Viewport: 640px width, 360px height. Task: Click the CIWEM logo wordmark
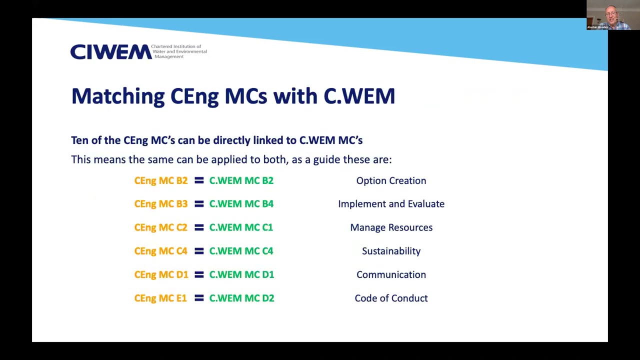110,51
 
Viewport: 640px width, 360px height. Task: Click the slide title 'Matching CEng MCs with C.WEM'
233,96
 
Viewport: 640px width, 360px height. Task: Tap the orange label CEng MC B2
160,180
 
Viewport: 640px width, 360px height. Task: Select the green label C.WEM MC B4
241,204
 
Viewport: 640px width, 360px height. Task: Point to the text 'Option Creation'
391,180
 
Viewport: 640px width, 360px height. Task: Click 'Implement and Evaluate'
391,204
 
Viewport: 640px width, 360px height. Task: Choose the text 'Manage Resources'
391,227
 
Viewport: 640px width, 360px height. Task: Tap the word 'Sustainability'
391,251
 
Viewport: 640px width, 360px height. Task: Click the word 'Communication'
391,274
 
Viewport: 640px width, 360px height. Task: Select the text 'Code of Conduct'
391,298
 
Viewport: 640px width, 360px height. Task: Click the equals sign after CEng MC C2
199,227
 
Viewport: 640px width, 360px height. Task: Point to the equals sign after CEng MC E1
199,298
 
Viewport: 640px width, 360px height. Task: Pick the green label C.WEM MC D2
241,298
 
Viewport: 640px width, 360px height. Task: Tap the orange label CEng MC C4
160,251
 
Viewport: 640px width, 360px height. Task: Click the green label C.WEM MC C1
241,227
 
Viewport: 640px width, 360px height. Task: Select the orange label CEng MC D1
161,274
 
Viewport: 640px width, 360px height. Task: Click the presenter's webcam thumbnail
612,15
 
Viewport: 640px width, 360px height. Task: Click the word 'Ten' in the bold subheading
79,140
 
